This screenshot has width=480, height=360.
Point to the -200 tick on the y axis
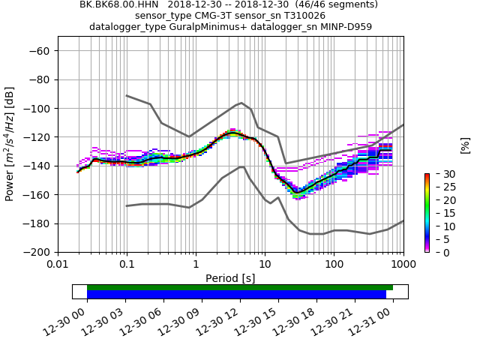coord(37,252)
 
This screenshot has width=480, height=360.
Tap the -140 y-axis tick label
coord(37,166)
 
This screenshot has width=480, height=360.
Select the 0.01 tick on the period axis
coord(58,265)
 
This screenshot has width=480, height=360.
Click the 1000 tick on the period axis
coord(403,265)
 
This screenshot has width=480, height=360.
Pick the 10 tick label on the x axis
coord(265,265)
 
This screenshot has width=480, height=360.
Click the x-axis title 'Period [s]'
coord(230,278)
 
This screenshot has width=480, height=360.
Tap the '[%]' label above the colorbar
coord(465,144)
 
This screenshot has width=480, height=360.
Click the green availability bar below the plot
coord(240,287)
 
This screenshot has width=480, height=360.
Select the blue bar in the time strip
coord(236,295)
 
